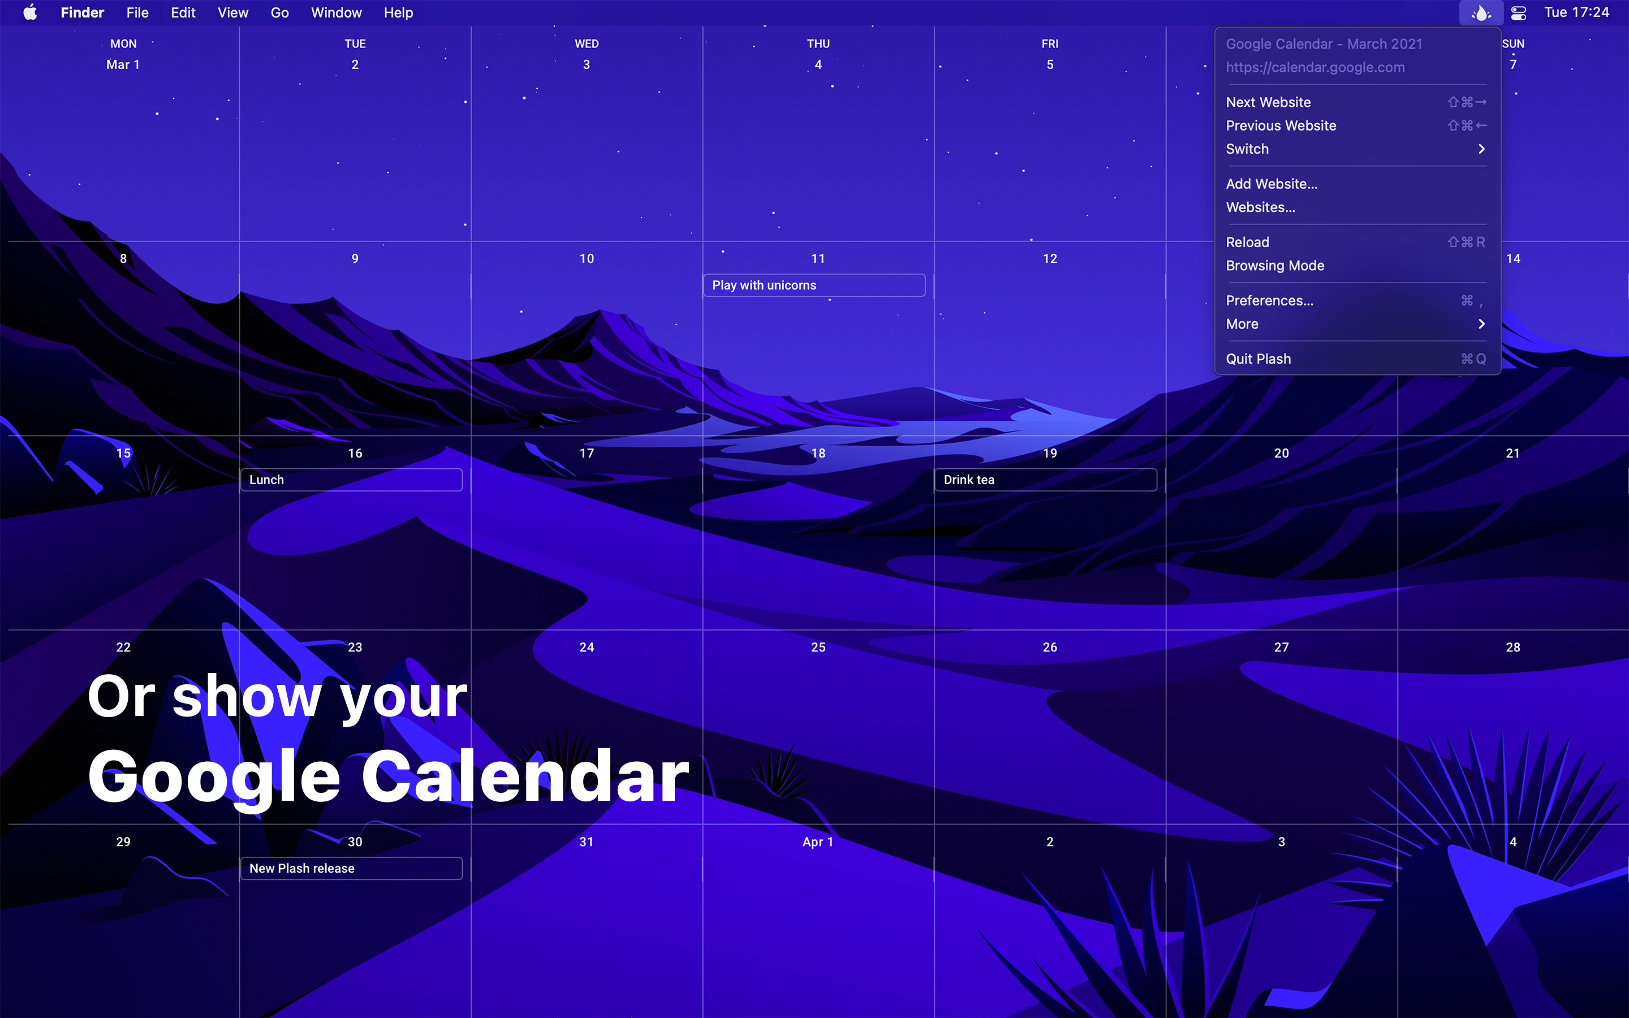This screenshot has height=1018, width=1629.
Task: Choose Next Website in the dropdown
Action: click(x=1268, y=102)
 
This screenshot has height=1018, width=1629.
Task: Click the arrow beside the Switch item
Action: click(x=1481, y=149)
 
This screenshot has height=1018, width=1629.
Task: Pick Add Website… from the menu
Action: click(x=1271, y=184)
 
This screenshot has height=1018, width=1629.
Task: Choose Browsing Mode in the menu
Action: click(x=1274, y=266)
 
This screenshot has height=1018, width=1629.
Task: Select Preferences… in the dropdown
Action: click(x=1269, y=301)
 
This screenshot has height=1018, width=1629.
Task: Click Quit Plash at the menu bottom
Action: click(x=1257, y=359)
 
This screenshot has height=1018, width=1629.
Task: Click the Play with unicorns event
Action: click(x=814, y=286)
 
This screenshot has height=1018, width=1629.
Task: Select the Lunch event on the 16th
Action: click(x=351, y=480)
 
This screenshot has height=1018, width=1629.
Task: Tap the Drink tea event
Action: click(x=1045, y=480)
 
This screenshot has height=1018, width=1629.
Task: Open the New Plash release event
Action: click(x=351, y=869)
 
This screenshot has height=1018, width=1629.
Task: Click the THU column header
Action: click(x=818, y=44)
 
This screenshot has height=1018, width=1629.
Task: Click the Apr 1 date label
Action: click(x=817, y=842)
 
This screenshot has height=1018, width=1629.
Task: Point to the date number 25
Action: click(x=818, y=647)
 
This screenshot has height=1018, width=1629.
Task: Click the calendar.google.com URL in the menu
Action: click(x=1315, y=67)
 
